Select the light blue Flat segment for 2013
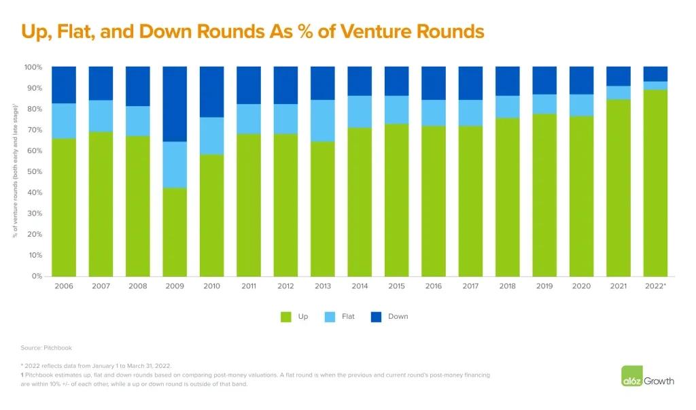tap(322, 120)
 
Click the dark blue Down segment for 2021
tap(619, 76)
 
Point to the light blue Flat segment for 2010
tap(211, 136)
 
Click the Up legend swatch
tap(286, 316)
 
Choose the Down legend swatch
tap(377, 316)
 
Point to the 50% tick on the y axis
tap(33, 172)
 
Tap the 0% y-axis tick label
tap(36, 277)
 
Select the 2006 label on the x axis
tap(64, 287)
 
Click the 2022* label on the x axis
tap(655, 287)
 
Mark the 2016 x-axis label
tap(433, 287)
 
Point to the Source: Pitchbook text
tap(46, 347)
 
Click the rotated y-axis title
tap(14, 171)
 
